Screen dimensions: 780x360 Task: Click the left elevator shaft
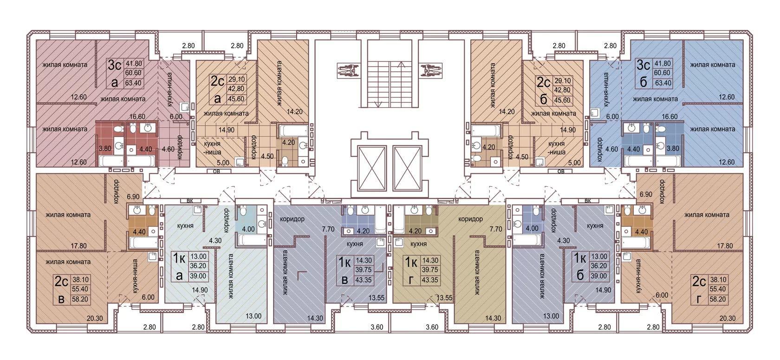click(x=372, y=168)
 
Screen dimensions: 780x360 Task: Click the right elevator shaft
click(x=408, y=168)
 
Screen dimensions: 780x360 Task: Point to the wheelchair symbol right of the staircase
click(x=430, y=70)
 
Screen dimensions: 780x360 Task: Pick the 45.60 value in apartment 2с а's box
click(x=236, y=99)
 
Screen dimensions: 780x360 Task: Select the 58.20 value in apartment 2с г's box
click(x=718, y=299)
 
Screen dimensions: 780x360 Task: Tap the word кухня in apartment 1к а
click(x=185, y=226)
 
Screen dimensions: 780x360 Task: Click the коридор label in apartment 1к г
click(x=470, y=219)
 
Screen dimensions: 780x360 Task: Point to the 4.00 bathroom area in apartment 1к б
click(x=532, y=229)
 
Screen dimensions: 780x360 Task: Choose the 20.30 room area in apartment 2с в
click(x=94, y=318)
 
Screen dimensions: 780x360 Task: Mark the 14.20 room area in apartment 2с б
click(x=507, y=112)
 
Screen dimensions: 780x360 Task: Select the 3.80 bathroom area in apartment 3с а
click(x=105, y=149)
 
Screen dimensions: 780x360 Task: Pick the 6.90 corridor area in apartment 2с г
click(x=646, y=195)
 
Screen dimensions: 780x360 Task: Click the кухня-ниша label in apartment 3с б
click(x=606, y=90)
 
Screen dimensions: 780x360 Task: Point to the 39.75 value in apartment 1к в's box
click(x=363, y=270)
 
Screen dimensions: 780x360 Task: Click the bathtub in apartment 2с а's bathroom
click(x=293, y=131)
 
